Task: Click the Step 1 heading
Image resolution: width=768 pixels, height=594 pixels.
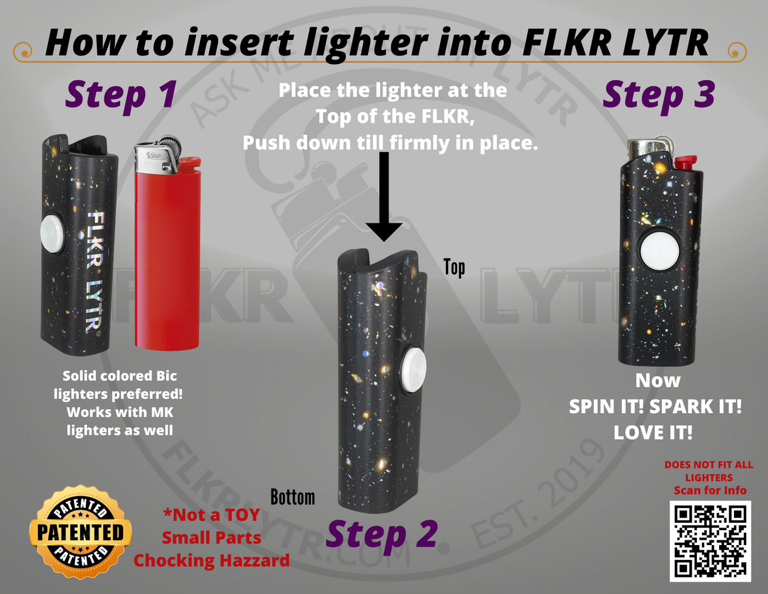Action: [x=121, y=95]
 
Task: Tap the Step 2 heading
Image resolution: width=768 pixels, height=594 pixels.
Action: [x=382, y=534]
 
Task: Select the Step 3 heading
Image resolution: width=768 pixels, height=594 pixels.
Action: [x=659, y=95]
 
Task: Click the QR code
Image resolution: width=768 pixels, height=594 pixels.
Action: [x=710, y=541]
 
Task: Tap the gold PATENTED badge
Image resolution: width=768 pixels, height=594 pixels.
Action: [x=80, y=532]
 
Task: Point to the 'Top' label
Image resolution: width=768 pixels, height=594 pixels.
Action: [x=454, y=267]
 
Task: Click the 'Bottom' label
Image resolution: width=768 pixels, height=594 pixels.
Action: [x=292, y=497]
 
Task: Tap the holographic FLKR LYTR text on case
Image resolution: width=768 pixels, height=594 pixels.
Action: [x=95, y=271]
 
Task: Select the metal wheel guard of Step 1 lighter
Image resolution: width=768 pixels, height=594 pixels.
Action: [x=159, y=157]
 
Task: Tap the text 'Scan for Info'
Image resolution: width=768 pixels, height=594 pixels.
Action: [x=710, y=490]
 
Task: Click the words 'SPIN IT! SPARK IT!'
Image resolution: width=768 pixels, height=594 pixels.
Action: [x=655, y=407]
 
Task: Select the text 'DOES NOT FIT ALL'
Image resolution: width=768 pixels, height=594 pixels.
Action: [x=708, y=465]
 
